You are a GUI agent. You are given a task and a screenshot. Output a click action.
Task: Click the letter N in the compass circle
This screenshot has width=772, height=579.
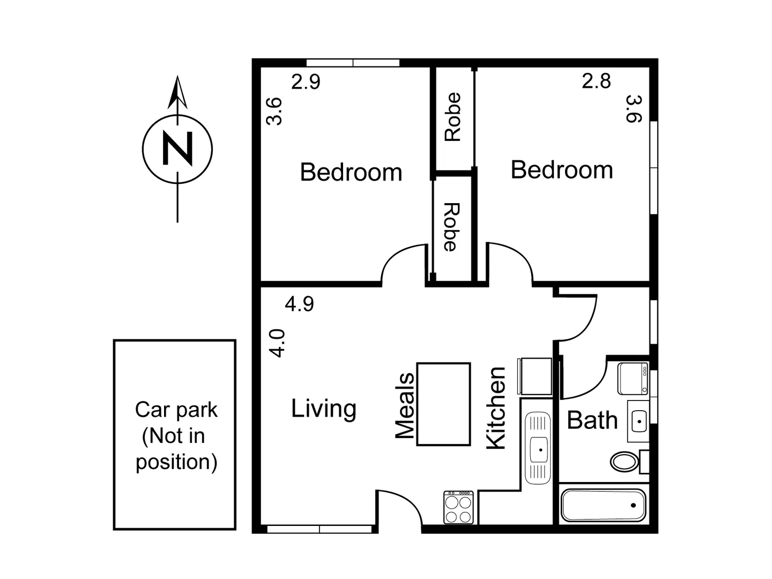coord(177,149)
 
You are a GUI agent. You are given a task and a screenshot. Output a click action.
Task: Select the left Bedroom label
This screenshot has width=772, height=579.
coord(351,173)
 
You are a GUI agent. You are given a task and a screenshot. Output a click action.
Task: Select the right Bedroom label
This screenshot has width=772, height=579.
coord(562,170)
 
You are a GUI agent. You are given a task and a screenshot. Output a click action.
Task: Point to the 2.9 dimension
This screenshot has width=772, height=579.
coord(306,82)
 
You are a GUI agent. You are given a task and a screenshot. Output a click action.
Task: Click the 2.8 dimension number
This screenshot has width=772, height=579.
coord(596,81)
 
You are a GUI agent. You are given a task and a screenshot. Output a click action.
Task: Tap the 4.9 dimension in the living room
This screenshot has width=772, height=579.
coord(299,304)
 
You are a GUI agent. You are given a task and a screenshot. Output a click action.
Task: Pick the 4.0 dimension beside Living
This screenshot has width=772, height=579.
coord(277,343)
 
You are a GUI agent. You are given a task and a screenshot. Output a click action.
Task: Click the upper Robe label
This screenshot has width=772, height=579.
coord(453,117)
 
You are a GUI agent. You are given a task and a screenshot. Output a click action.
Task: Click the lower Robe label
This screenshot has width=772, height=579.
coord(451,227)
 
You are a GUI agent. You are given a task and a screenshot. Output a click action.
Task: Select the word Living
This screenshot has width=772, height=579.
coord(324,409)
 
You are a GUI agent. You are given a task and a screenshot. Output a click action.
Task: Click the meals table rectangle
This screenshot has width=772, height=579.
coord(444,404)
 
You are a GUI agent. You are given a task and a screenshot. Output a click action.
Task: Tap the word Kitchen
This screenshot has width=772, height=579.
coord(496,408)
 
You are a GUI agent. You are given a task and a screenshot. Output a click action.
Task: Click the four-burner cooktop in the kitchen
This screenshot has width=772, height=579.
coord(459,508)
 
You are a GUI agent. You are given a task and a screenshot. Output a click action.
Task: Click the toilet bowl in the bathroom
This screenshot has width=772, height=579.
coord(625,461)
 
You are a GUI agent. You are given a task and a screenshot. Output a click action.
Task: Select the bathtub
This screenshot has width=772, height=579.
coord(603,505)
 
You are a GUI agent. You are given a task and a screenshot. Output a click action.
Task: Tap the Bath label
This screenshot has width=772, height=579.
coord(592,420)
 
